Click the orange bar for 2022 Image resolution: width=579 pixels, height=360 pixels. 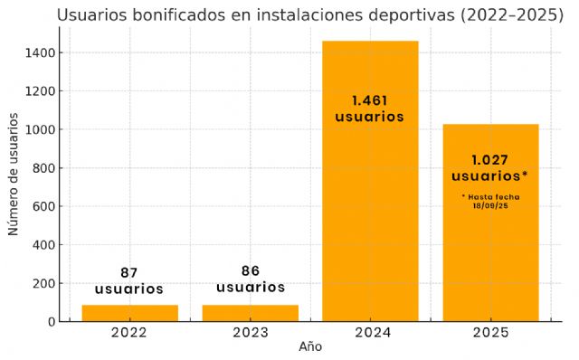(129, 313)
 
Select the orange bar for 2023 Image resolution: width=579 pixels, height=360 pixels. (250, 313)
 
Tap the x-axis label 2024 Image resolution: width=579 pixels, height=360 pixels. (370, 333)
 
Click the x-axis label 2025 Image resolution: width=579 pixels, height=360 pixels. (490, 333)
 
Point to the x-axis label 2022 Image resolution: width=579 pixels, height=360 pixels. (129, 333)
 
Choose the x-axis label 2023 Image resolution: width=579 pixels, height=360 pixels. (250, 333)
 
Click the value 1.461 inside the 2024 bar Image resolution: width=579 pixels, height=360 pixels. (370, 100)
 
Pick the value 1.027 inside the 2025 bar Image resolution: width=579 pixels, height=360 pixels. (489, 159)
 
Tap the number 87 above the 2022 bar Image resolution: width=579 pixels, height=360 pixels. (129, 272)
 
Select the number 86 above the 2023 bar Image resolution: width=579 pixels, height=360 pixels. (250, 270)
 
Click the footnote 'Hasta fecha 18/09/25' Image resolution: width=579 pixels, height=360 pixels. (490, 201)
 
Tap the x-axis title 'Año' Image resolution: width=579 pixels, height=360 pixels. (310, 346)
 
